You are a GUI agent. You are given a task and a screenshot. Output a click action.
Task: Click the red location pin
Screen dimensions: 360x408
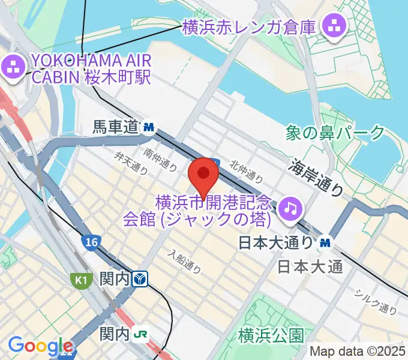click(x=203, y=175)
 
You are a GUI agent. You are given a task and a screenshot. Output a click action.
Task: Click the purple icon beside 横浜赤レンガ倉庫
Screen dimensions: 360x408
click(x=331, y=26)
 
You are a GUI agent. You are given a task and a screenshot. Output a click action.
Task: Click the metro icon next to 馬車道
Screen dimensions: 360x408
click(x=149, y=127)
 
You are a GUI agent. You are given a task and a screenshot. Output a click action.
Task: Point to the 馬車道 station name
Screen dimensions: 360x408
click(x=116, y=127)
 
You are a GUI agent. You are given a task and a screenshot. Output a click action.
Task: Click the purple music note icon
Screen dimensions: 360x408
click(x=291, y=208)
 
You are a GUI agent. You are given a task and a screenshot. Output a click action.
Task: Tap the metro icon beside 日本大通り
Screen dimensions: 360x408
click(x=325, y=242)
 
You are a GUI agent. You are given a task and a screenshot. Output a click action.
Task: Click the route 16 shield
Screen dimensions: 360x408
click(x=91, y=241)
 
